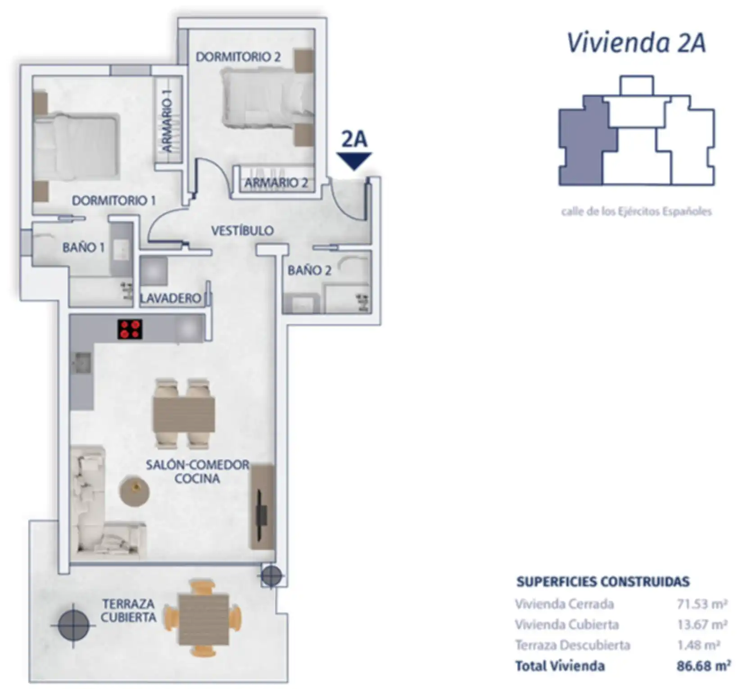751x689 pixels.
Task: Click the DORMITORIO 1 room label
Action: pyautogui.click(x=114, y=200)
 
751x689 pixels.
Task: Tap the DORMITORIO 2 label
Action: pyautogui.click(x=238, y=57)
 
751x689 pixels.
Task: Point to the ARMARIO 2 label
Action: pyautogui.click(x=276, y=183)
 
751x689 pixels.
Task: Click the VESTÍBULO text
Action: pyautogui.click(x=243, y=231)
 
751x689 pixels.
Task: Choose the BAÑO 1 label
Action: pyautogui.click(x=83, y=247)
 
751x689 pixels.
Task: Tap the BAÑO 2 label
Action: pyautogui.click(x=309, y=270)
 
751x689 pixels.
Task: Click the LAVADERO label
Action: pyautogui.click(x=171, y=298)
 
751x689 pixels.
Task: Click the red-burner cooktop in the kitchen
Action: pyautogui.click(x=130, y=329)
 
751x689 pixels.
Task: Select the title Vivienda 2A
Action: pyautogui.click(x=636, y=43)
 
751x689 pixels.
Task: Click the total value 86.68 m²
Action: pyautogui.click(x=704, y=666)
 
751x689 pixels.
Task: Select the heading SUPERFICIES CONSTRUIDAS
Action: pyautogui.click(x=603, y=582)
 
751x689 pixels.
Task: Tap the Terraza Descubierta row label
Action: pyautogui.click(x=573, y=645)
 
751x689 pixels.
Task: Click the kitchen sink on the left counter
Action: pyautogui.click(x=81, y=363)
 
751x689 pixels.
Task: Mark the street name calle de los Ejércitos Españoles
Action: pyautogui.click(x=637, y=212)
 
